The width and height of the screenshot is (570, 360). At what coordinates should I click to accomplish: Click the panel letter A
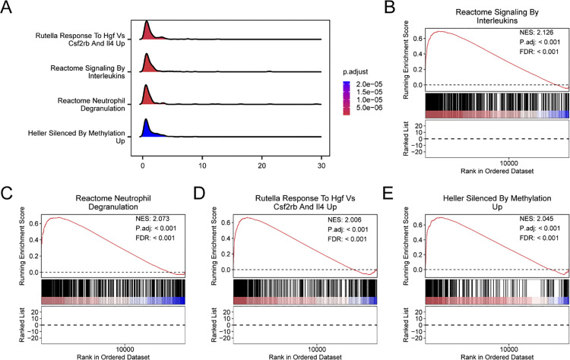pyautogui.click(x=6, y=7)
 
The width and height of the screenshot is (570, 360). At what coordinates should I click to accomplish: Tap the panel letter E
pyautogui.click(x=388, y=194)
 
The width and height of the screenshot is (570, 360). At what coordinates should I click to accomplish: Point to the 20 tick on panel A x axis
pyautogui.click(x=261, y=166)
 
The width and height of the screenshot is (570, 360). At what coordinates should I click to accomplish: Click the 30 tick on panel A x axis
pyautogui.click(x=321, y=166)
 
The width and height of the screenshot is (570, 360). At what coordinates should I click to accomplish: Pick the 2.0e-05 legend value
pyautogui.click(x=369, y=84)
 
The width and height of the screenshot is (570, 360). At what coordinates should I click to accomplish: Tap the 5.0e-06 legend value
pyautogui.click(x=369, y=108)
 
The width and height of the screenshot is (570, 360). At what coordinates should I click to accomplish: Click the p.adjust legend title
pyautogui.click(x=356, y=72)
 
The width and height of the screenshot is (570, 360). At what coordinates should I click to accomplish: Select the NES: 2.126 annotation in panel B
pyautogui.click(x=537, y=33)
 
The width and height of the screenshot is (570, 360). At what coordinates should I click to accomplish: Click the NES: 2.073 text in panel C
pyautogui.click(x=152, y=219)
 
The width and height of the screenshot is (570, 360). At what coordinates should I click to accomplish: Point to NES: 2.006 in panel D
pyautogui.click(x=344, y=219)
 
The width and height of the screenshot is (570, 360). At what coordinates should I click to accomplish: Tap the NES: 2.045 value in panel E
pyautogui.click(x=537, y=219)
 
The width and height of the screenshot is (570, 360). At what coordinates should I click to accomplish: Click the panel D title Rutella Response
pyautogui.click(x=305, y=202)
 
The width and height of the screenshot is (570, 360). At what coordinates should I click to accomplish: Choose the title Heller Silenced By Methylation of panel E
pyautogui.click(x=497, y=202)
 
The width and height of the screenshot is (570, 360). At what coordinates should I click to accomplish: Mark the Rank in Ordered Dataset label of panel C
pyautogui.click(x=113, y=357)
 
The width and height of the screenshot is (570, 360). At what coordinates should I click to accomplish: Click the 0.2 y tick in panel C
pyautogui.click(x=33, y=256)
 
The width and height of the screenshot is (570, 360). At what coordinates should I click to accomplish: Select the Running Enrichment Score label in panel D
pyautogui.click(x=214, y=246)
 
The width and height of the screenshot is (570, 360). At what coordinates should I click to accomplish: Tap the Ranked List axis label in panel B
pyautogui.click(x=407, y=139)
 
